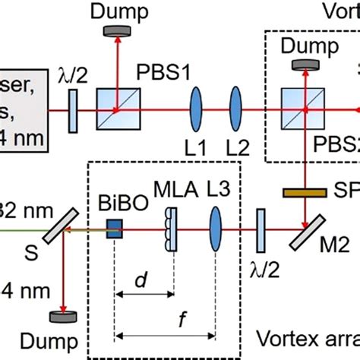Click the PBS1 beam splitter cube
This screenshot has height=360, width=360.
117,112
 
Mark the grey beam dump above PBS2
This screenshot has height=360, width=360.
303,68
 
